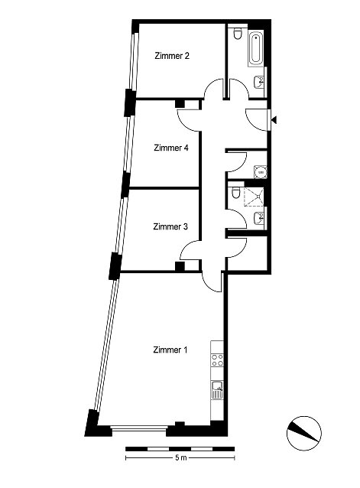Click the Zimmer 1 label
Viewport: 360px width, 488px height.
(170, 350)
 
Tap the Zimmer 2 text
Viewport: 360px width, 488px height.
(172, 56)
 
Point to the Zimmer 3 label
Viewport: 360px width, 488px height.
(170, 226)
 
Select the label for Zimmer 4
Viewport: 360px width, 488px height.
(171, 148)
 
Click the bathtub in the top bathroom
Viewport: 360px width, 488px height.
(256, 48)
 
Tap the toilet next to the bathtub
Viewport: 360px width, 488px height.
(238, 34)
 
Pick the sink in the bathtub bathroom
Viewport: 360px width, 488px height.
(259, 82)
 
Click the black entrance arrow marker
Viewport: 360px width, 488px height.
(274, 119)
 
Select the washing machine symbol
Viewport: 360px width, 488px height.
(261, 172)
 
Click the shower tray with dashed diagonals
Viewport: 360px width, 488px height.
(254, 197)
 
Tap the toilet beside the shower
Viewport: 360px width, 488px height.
(236, 193)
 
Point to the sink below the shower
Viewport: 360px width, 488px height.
(259, 217)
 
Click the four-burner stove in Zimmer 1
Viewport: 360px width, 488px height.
(217, 360)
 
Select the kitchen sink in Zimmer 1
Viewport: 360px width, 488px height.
(217, 389)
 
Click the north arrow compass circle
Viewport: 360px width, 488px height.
(304, 433)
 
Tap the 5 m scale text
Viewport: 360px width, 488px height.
(181, 457)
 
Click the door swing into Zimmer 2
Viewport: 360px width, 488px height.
(213, 89)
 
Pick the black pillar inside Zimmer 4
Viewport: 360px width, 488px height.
(180, 104)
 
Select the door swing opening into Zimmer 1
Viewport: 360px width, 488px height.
(212, 282)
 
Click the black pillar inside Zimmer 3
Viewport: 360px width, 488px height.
(180, 266)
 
